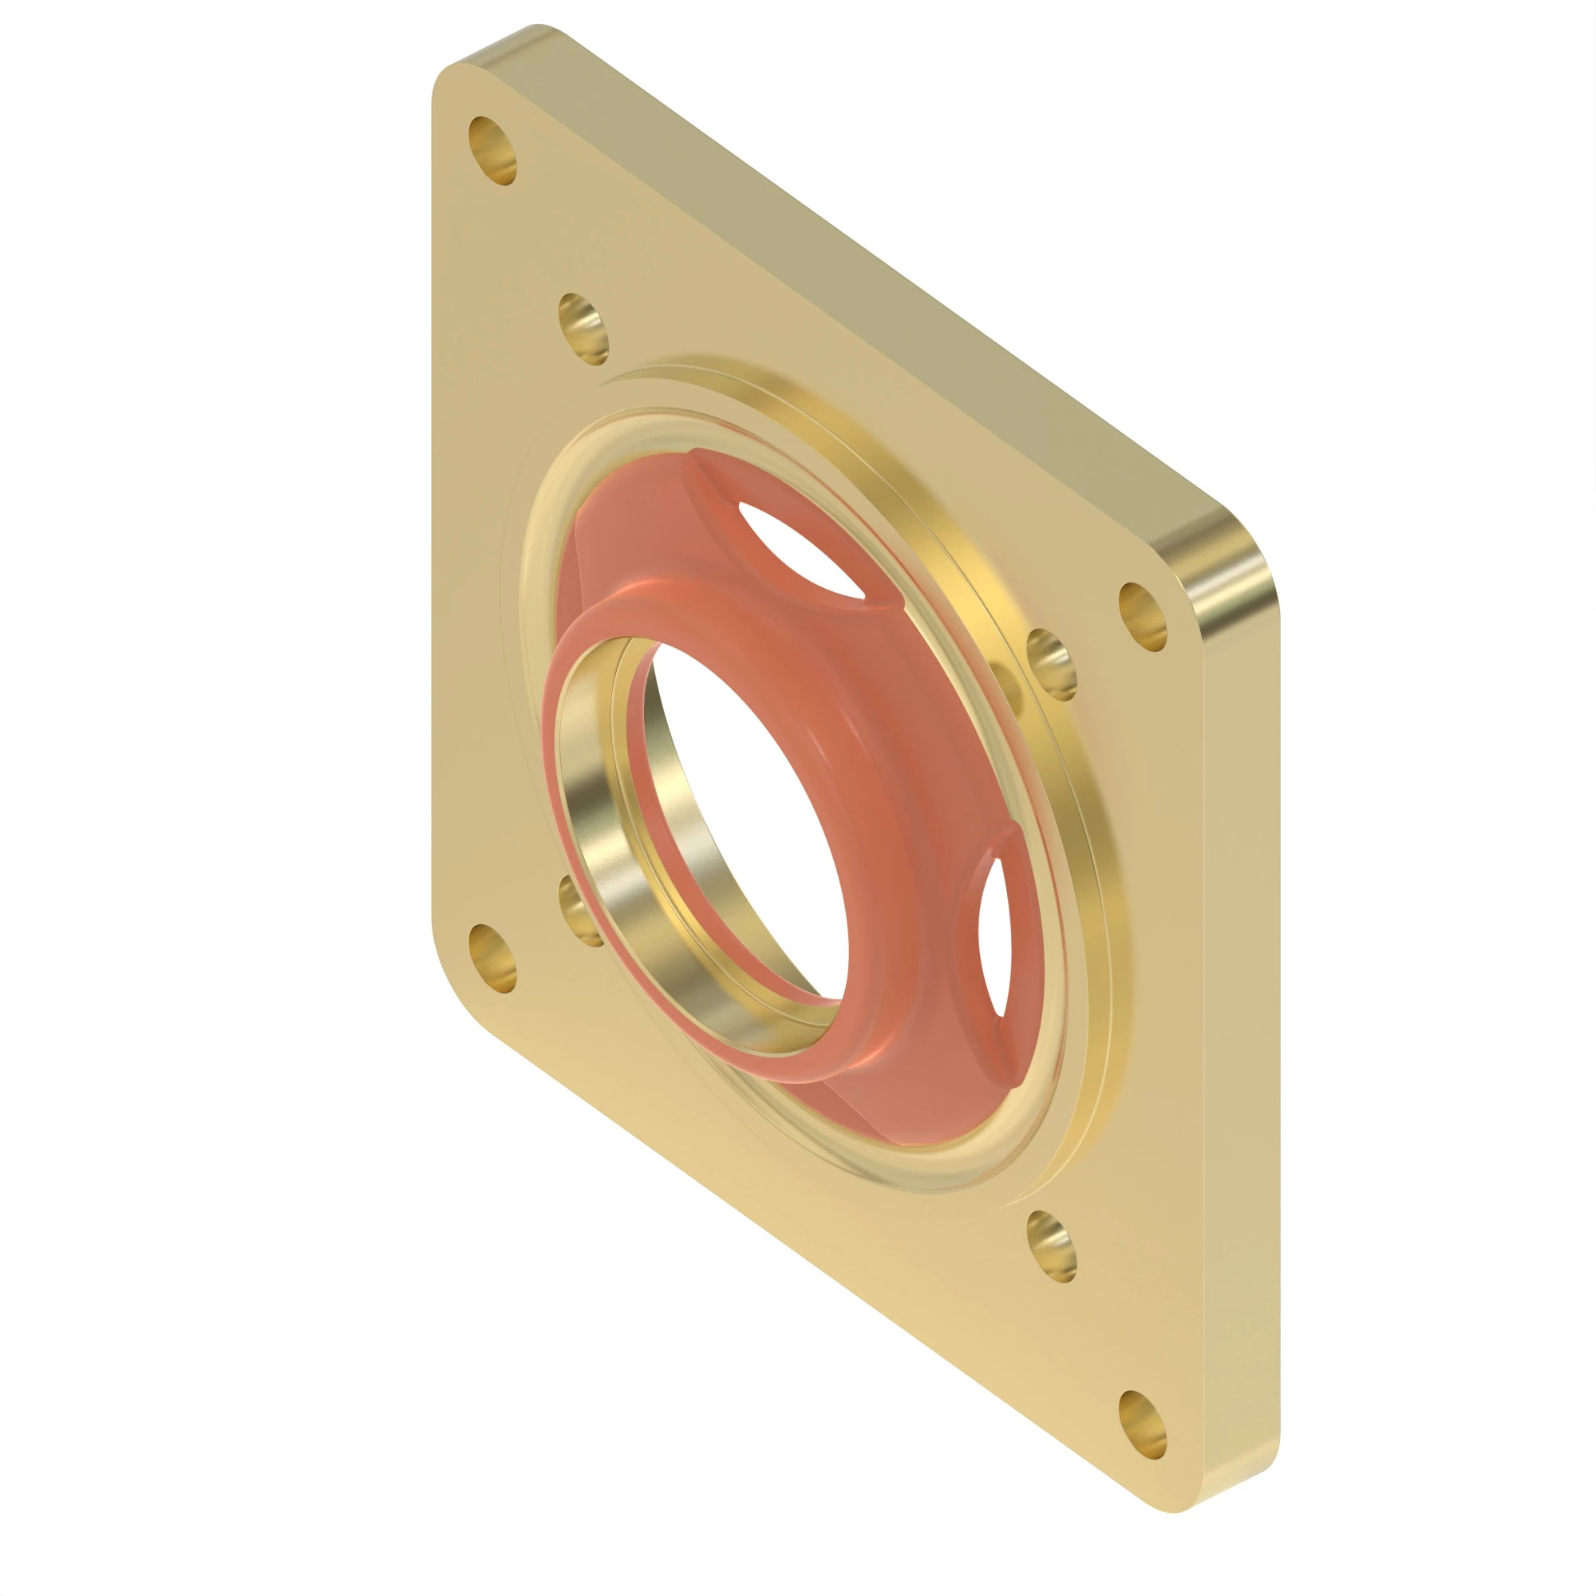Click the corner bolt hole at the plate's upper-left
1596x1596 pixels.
click(x=492, y=150)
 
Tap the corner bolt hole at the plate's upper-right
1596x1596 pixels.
click(x=1143, y=616)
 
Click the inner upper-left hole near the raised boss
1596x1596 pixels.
click(x=583, y=328)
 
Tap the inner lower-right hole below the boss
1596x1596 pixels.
click(x=1052, y=1246)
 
